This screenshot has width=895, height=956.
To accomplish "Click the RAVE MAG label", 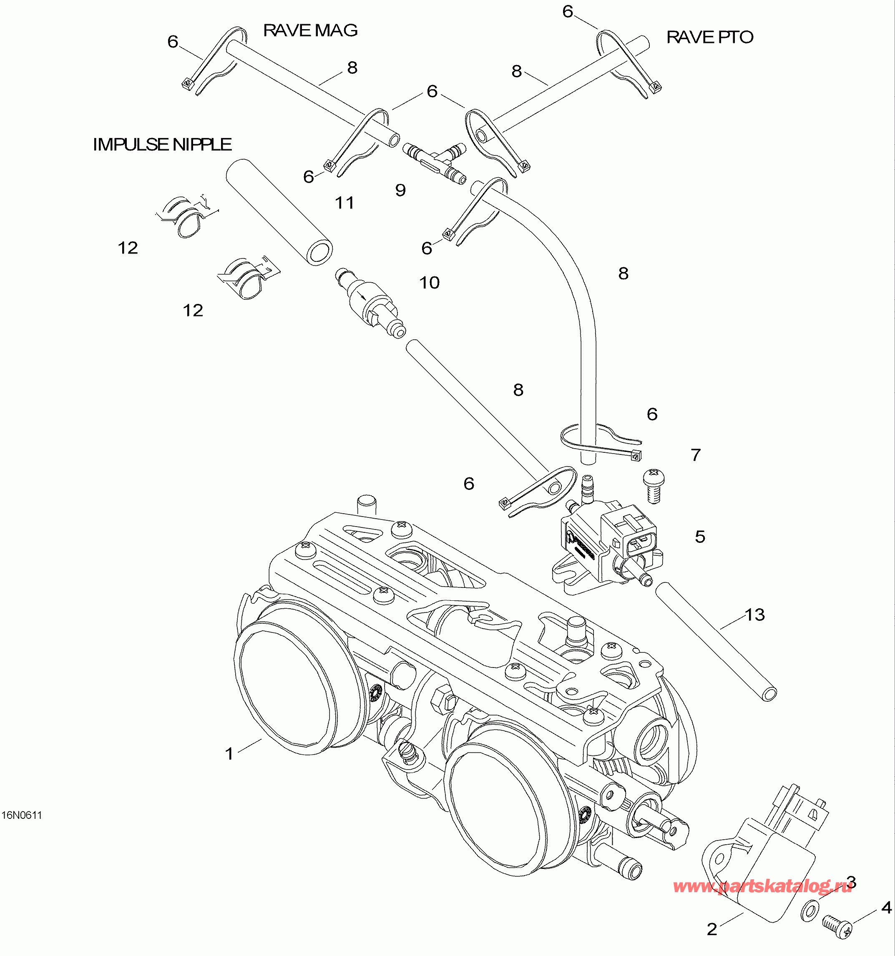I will coord(310,31).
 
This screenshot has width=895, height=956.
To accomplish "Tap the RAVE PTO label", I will coord(709,38).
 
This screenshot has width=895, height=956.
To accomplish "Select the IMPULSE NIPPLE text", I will coord(162,145).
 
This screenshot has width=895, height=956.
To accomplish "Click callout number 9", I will coord(400,191).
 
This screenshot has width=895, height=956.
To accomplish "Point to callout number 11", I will coord(344,203).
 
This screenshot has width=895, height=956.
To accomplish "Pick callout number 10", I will coord(429,283).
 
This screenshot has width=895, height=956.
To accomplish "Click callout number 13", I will coord(754,615).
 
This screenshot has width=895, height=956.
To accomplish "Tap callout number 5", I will coord(700,537).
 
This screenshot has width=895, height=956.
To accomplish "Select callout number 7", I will coord(695,455).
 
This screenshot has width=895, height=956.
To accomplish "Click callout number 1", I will coord(229,753).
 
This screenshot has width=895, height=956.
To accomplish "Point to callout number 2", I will coord(711,928).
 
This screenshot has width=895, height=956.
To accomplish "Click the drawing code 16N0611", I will coord(22,815).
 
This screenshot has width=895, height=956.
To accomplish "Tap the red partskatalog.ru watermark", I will coord(762,886).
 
